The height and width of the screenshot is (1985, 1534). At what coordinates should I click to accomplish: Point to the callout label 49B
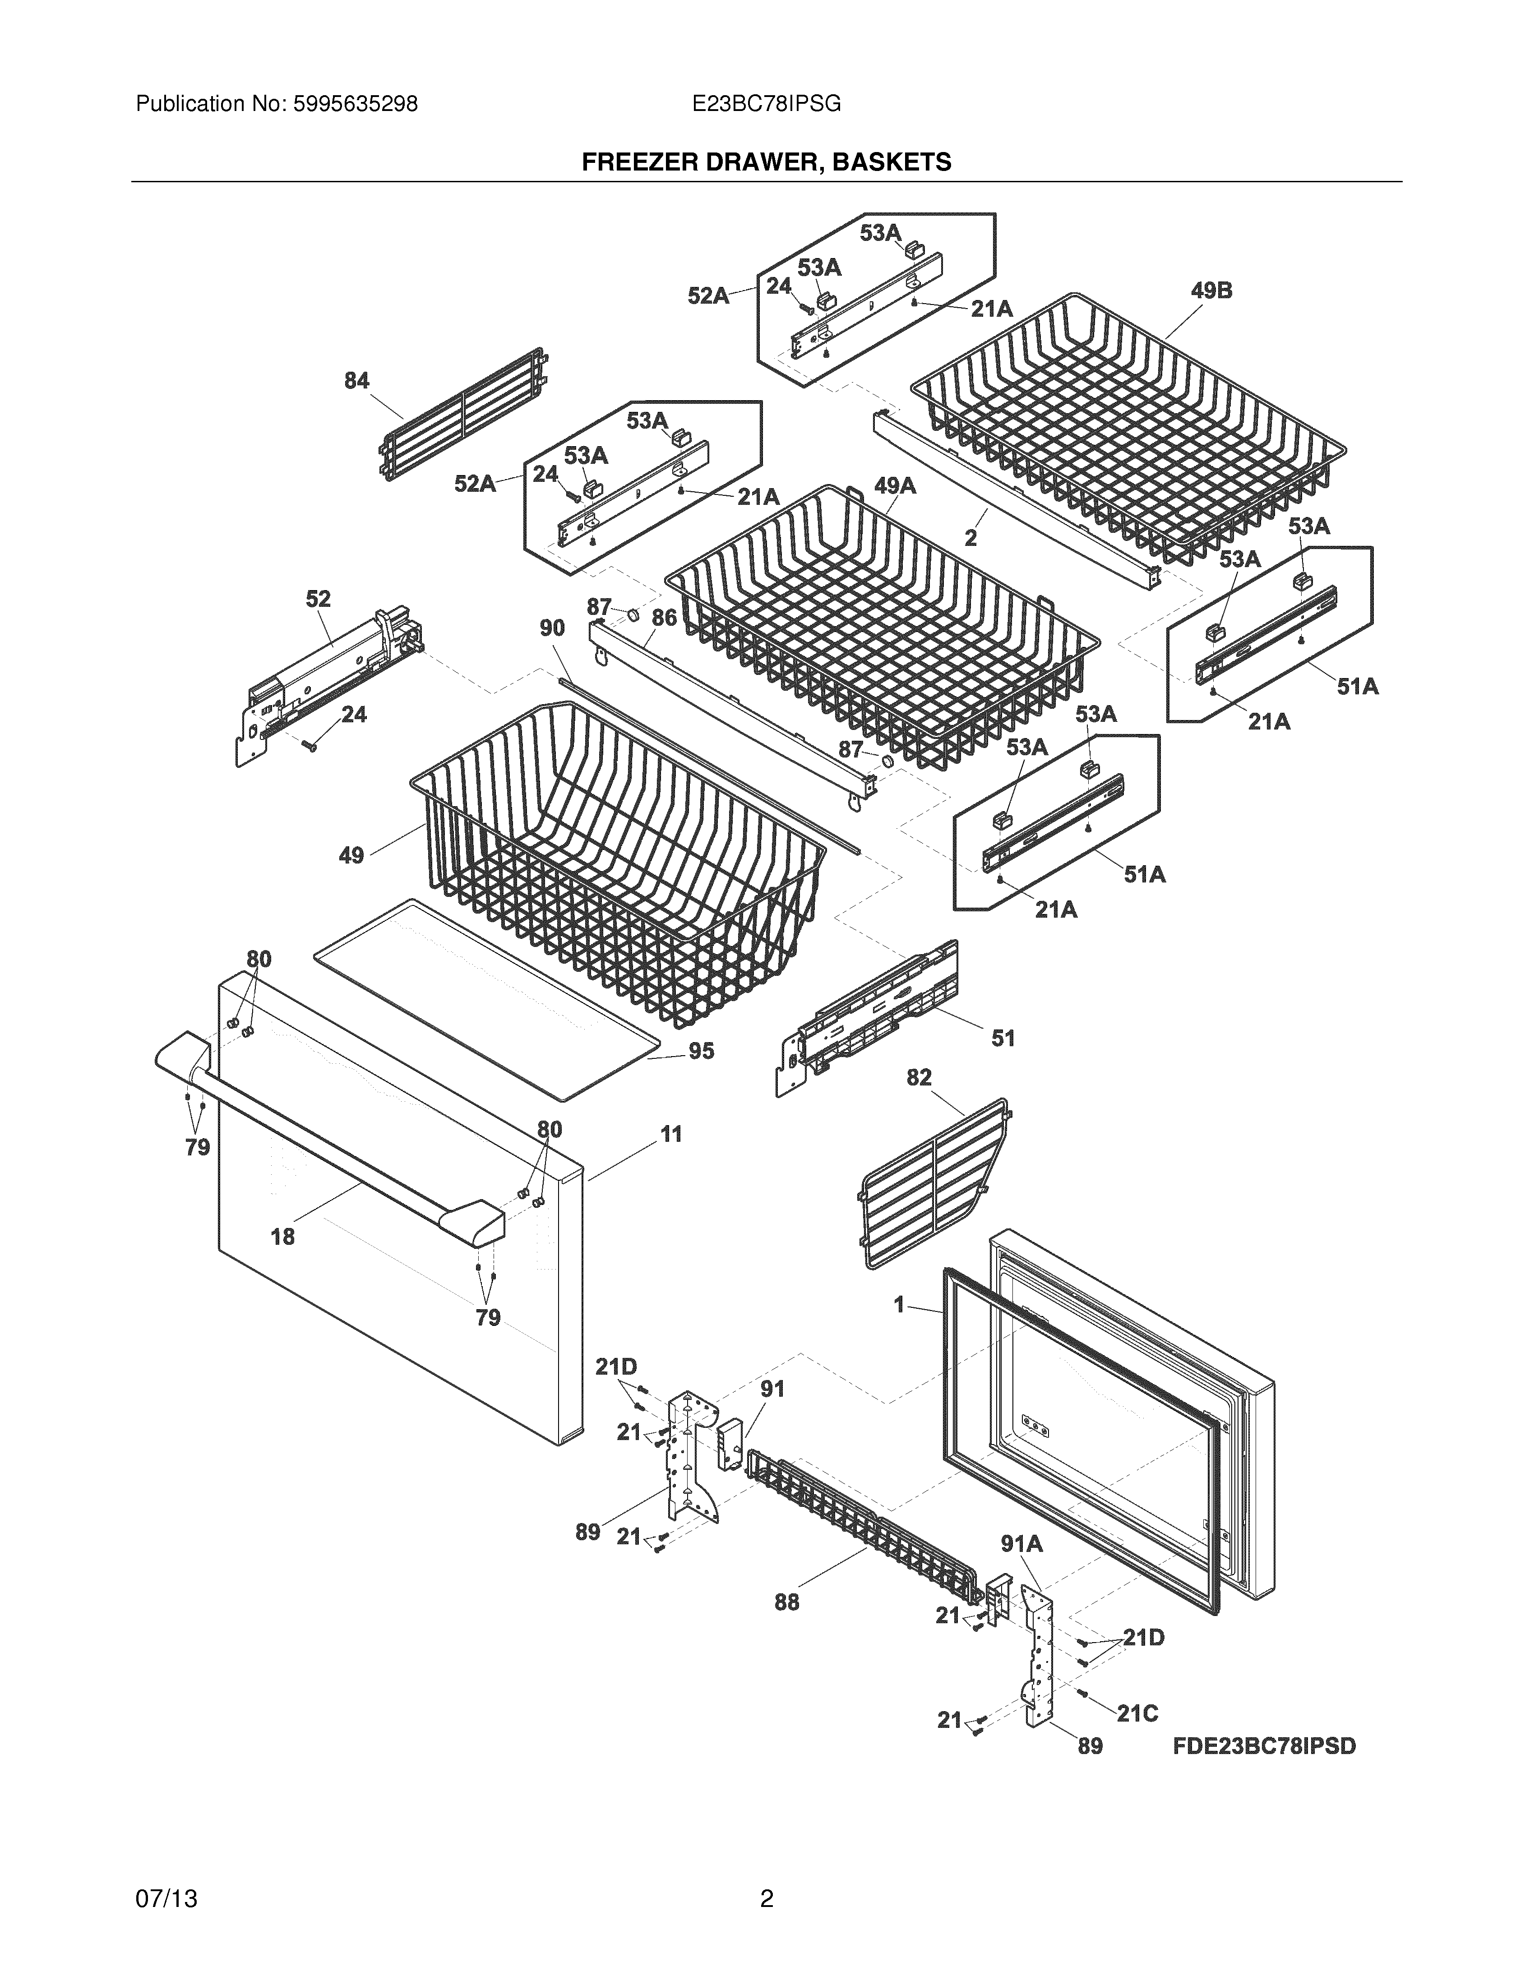(x=1211, y=291)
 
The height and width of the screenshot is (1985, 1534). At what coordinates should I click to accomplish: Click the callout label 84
(x=356, y=381)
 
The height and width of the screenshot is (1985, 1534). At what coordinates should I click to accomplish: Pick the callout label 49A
(x=895, y=486)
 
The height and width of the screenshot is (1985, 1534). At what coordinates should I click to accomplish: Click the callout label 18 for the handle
(x=282, y=1236)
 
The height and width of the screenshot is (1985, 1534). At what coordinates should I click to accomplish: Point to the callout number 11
(x=670, y=1134)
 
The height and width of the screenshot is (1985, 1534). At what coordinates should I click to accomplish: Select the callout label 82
(x=919, y=1077)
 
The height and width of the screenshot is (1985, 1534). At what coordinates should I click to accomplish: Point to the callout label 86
(x=664, y=618)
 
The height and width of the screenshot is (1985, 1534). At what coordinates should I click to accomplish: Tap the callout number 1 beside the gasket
(x=899, y=1305)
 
